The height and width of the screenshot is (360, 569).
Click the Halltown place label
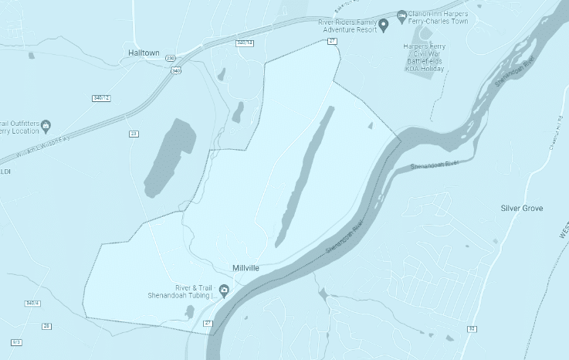(145, 53)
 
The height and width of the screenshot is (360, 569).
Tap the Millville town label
(246, 267)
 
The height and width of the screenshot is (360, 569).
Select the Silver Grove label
(522, 209)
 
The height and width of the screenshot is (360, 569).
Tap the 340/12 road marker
(101, 98)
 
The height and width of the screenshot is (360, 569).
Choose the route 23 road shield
(134, 134)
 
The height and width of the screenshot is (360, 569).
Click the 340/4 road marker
(32, 303)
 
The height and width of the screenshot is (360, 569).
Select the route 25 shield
(46, 326)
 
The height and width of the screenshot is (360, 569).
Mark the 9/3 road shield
(17, 341)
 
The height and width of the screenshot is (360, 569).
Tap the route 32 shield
(471, 329)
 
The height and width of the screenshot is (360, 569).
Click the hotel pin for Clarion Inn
(401, 15)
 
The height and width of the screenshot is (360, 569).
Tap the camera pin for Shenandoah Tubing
(224, 290)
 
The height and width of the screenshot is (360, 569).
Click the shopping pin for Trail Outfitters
(46, 124)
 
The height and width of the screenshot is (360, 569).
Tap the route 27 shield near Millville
(208, 321)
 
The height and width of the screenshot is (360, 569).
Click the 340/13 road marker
(245, 43)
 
